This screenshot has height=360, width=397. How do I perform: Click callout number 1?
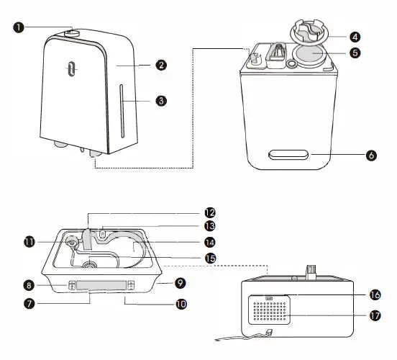point(18,27)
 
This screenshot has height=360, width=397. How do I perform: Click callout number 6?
point(371,155)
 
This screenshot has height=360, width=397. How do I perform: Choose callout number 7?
point(29,304)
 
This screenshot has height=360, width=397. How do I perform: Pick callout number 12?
point(210,212)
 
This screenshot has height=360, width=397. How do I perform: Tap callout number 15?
point(210,257)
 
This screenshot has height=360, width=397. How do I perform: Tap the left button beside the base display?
point(72,285)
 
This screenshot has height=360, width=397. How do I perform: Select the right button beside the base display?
point(132,285)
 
